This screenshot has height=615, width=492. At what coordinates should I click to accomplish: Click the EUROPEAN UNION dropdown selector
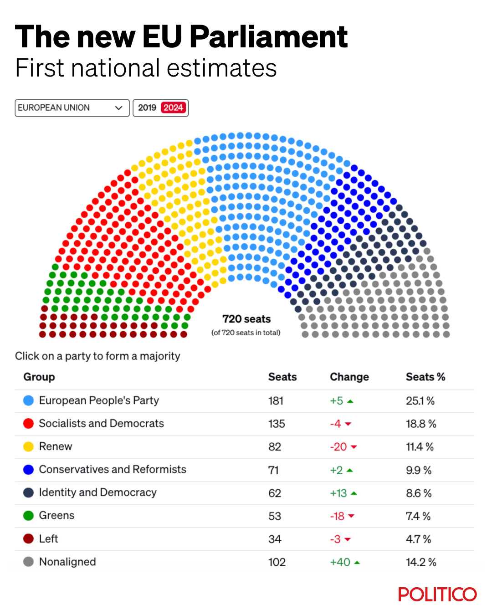click(72, 108)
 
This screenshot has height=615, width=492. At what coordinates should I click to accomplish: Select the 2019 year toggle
click(147, 108)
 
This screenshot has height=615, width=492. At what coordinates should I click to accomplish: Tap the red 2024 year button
click(173, 108)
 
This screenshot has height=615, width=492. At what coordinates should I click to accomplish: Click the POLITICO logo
click(437, 594)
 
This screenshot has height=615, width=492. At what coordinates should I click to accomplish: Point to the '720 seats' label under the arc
click(246, 319)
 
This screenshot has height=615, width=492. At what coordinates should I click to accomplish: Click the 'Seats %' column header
click(425, 377)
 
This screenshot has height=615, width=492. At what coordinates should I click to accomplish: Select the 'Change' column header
click(349, 377)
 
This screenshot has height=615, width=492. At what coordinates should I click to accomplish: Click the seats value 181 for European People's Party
click(276, 401)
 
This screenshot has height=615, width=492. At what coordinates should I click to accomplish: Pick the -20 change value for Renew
click(339, 447)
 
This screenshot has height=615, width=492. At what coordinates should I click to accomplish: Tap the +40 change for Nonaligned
click(340, 562)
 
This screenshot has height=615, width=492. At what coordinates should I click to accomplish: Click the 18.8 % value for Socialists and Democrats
click(421, 424)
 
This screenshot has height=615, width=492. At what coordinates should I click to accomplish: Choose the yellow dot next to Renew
click(28, 446)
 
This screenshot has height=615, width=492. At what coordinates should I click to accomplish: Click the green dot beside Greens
click(28, 516)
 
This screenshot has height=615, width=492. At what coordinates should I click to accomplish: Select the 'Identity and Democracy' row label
click(97, 492)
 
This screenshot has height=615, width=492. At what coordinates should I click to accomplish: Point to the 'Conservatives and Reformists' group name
click(113, 469)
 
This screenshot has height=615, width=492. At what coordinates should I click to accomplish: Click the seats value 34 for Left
click(275, 539)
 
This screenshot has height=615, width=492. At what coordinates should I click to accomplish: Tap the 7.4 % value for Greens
click(418, 516)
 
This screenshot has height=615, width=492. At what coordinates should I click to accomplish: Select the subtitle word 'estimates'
click(222, 68)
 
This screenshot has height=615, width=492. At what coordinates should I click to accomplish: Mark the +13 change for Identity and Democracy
click(339, 493)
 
